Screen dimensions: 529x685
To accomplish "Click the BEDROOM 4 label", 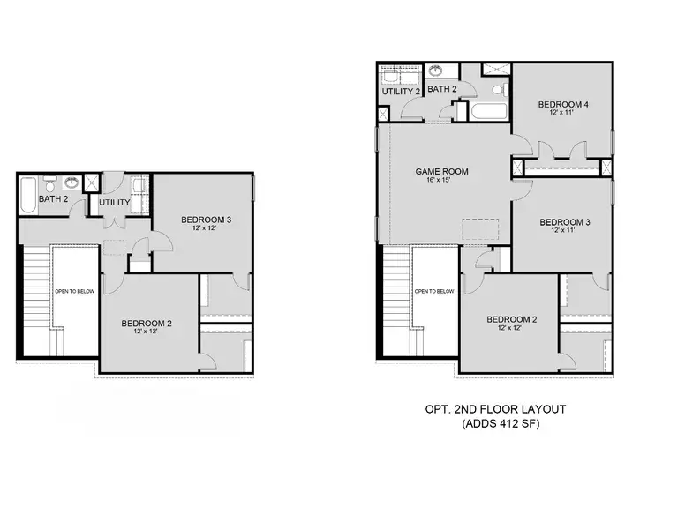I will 563,105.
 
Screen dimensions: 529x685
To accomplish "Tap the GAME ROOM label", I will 441,172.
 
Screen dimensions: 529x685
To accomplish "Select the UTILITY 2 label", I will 399,91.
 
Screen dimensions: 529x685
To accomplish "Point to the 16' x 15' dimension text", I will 441,183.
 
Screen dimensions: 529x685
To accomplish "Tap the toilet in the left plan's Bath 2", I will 50,185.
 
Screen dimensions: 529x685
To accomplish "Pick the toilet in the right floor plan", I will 497,89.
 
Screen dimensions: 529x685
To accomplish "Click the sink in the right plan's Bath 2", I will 436,71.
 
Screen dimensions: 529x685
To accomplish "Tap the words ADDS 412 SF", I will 501,424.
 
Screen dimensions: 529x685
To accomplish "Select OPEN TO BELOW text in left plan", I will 74,291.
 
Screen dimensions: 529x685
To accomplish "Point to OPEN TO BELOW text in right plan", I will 434,291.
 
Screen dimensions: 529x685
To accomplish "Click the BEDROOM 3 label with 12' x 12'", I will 206,220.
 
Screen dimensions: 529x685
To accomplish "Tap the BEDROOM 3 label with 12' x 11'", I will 564,221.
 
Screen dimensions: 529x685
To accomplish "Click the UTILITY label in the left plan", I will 114,203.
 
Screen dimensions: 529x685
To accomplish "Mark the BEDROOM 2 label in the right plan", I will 510,319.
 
